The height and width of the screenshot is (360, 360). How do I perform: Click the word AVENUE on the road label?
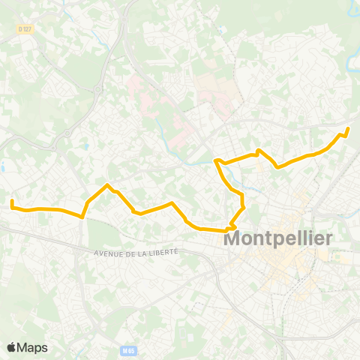pos(109,253)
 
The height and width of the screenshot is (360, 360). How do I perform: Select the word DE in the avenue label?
pos(133,252)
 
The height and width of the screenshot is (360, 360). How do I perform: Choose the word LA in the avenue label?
pos(145,252)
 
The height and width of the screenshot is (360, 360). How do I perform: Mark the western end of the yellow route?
pos(12,201)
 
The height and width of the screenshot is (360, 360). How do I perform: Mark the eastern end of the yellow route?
pos(348,130)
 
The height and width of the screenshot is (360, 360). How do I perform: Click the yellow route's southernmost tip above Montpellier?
pos(232,229)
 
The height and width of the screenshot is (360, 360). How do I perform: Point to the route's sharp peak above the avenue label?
pos(108,184)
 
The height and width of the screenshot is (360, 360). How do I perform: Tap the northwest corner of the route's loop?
pos(216,160)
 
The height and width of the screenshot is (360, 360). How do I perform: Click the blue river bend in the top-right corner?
pos(349,10)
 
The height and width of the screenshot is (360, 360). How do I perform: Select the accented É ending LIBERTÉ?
pos(175,250)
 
